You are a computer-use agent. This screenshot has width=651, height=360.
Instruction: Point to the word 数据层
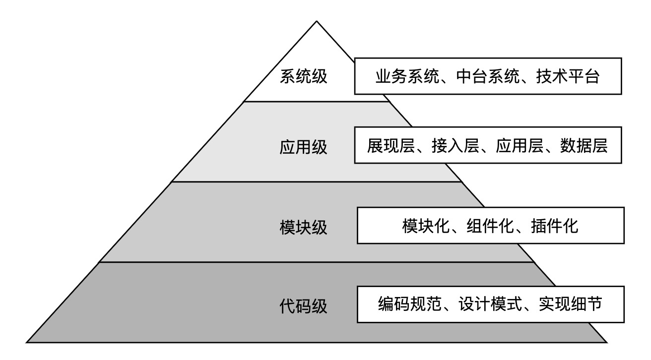click(x=584, y=146)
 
